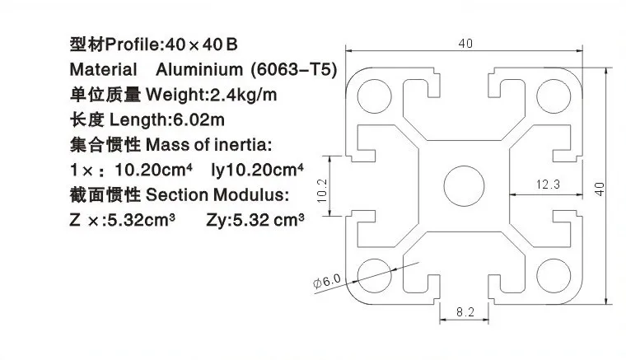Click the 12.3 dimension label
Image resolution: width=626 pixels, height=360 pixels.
click(x=548, y=185)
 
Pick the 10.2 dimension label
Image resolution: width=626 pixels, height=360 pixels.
click(x=322, y=190)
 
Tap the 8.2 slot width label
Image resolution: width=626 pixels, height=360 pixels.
click(x=465, y=311)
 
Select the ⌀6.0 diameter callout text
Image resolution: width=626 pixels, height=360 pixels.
click(x=327, y=281)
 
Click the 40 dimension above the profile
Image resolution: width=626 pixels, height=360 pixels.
click(x=465, y=43)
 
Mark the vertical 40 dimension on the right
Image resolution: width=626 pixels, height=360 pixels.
click(x=600, y=189)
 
